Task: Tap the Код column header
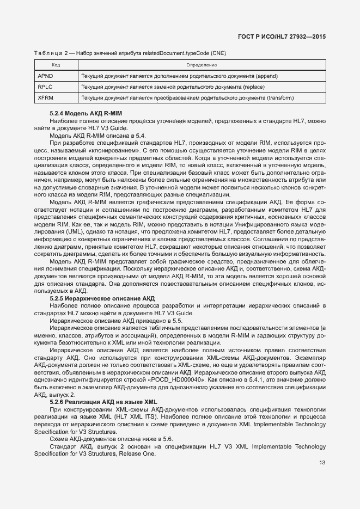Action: pos(56,65)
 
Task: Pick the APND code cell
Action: pos(46,76)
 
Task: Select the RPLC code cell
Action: pos(46,87)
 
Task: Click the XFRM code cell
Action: pos(46,98)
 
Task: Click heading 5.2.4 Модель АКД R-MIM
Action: pos(86,113)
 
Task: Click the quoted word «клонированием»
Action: pos(118,150)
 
